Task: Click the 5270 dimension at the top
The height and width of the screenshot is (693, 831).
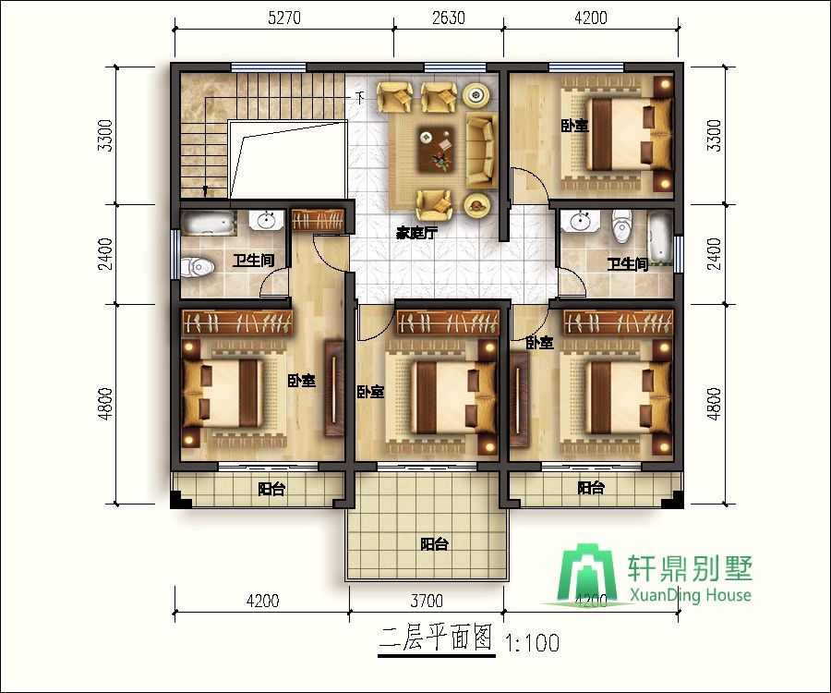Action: (x=284, y=18)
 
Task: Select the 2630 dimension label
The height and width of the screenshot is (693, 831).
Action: (x=449, y=18)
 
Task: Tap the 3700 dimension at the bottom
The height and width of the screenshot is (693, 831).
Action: (x=427, y=601)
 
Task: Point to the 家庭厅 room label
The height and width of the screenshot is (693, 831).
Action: (x=416, y=232)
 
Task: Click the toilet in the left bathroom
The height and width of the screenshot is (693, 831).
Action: (x=198, y=267)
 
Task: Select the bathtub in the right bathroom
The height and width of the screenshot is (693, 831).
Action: (x=661, y=237)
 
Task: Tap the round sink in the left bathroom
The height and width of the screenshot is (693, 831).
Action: (x=266, y=220)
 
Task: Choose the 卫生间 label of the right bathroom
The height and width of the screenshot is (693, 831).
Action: (x=628, y=263)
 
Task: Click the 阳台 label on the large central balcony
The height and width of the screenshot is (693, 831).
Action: (x=435, y=544)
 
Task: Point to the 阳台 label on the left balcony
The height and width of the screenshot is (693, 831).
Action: (x=271, y=489)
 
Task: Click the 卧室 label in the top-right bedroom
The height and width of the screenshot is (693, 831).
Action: (x=575, y=126)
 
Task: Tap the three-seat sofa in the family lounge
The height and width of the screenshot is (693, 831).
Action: (x=481, y=149)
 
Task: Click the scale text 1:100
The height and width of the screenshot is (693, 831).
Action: (x=533, y=643)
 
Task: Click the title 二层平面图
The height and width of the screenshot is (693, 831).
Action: (x=437, y=638)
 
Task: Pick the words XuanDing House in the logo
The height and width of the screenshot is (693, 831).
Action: (x=691, y=595)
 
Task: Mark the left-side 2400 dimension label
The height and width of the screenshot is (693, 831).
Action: (x=105, y=254)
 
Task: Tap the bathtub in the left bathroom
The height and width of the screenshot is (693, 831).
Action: (x=209, y=222)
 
